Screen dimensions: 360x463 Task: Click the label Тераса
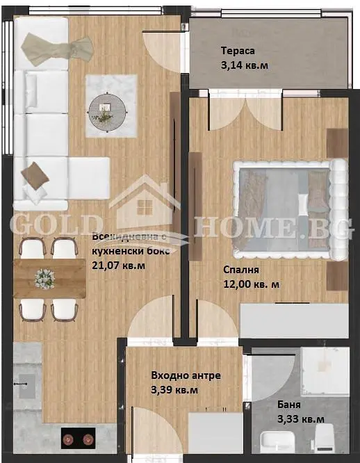coord(238,51)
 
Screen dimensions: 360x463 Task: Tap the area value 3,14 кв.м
coord(245,65)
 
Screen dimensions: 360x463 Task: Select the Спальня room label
coord(241,270)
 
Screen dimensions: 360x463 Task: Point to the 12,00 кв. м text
coord(251,284)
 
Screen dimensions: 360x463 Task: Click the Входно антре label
coord(186,375)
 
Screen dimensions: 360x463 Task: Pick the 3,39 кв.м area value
coord(174,390)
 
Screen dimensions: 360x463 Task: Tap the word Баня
coord(289,405)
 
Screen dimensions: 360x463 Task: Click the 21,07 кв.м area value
coord(119,266)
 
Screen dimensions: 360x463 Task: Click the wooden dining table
coord(50,279)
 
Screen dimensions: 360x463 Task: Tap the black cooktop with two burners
coord(79,438)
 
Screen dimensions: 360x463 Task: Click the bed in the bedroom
coord(290,210)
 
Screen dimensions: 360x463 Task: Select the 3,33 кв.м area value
coord(301,419)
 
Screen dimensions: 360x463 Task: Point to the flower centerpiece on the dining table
coord(44,279)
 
